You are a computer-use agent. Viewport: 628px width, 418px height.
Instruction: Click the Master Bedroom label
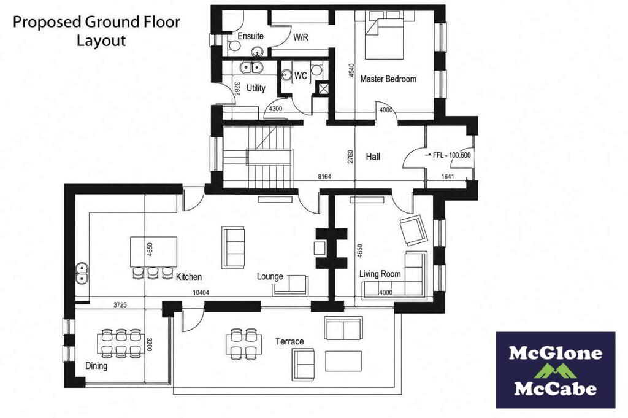pos(388,79)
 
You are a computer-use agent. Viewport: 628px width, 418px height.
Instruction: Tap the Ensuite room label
pos(250,36)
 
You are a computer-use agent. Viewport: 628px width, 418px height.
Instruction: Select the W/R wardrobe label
pos(301,37)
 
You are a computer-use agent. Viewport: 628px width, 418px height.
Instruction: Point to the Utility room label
pos(256,88)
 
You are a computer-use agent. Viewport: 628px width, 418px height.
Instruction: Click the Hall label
pos(373,157)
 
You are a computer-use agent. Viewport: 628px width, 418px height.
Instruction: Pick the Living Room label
pos(380,274)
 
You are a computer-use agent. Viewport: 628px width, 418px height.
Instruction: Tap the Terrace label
pos(289,341)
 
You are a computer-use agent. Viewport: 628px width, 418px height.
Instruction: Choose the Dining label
pos(96,365)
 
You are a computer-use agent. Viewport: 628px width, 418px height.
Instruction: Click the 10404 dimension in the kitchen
pos(201,293)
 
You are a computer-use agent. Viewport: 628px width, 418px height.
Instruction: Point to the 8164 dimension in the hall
pos(324,176)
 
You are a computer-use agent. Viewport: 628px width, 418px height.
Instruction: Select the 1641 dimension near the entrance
pos(447,176)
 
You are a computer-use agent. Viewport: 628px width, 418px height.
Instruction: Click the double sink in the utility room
pos(251,68)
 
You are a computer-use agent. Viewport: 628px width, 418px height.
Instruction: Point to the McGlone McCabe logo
pos(555,370)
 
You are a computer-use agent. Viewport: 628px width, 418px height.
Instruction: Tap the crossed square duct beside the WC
pos(322,88)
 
